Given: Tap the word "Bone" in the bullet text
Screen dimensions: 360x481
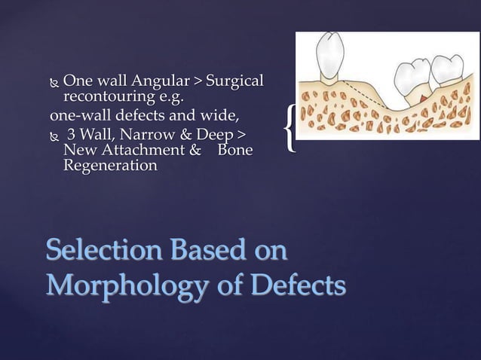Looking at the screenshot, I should pyautogui.click(x=234, y=151).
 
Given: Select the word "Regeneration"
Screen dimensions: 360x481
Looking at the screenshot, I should pyautogui.click(x=110, y=166).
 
